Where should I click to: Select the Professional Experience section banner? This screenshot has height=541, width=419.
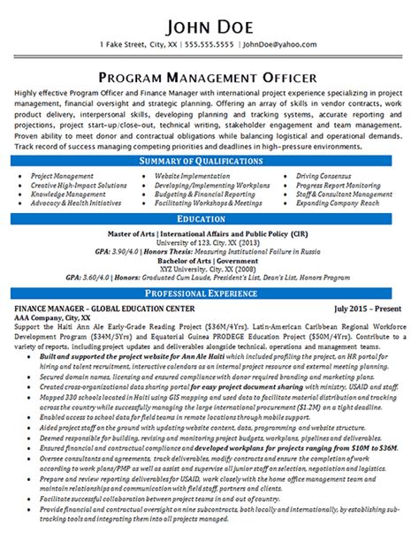tap(209, 293)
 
